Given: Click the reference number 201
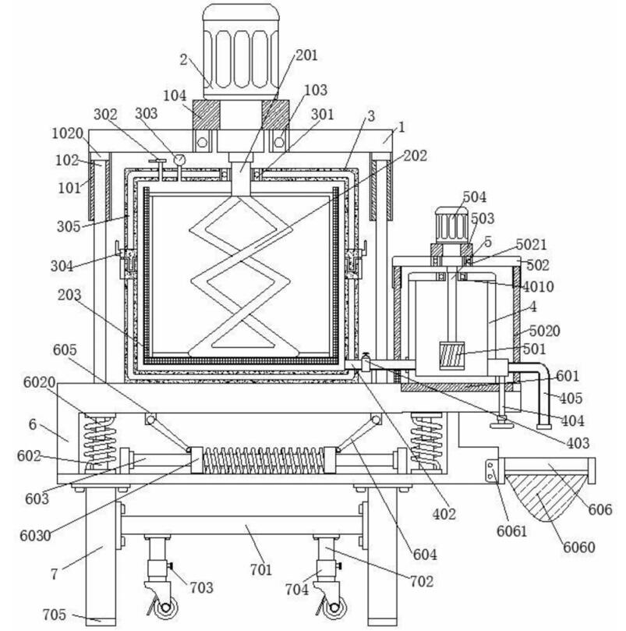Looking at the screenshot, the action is click(x=306, y=55).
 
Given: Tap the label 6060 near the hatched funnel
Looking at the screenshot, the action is click(x=578, y=547).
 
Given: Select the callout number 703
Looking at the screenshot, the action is click(x=202, y=587).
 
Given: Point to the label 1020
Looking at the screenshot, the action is click(x=68, y=133).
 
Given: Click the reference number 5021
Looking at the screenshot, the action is click(x=532, y=245).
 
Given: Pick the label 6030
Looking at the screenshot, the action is click(x=35, y=536).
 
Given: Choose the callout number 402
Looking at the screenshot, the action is click(x=444, y=514).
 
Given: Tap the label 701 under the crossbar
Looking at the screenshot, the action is click(x=261, y=569).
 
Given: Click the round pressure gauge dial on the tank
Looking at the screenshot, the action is click(x=179, y=160).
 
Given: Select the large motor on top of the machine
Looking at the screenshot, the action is click(x=241, y=51).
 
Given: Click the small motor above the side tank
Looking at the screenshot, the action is click(x=451, y=225).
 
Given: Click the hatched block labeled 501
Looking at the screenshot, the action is click(x=452, y=356).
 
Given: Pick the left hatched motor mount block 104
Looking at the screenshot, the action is click(x=207, y=115).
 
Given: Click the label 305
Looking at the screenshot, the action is click(x=69, y=226).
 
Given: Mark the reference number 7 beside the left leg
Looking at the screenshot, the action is click(x=54, y=574).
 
